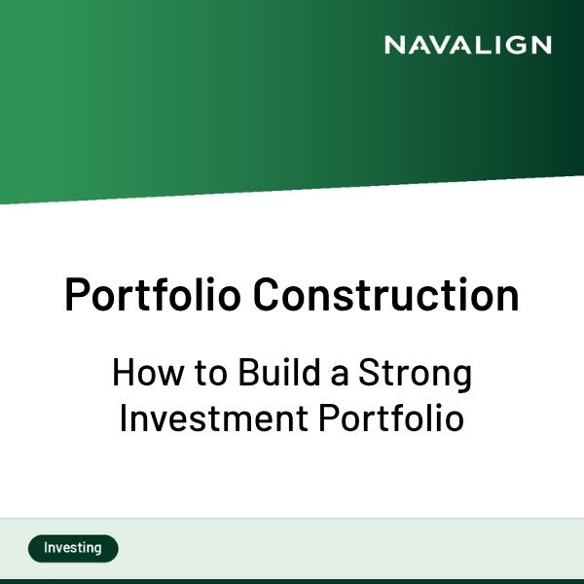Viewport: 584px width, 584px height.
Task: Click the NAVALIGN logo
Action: click(467, 45)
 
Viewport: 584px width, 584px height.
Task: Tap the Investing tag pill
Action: click(73, 548)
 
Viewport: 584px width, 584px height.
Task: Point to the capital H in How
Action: click(123, 374)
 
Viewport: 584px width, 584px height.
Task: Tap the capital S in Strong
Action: click(367, 374)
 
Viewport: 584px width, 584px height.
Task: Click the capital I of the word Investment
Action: click(124, 420)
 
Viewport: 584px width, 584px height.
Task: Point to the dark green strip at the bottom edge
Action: click(292, 580)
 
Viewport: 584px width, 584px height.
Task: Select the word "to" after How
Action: click(201, 374)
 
